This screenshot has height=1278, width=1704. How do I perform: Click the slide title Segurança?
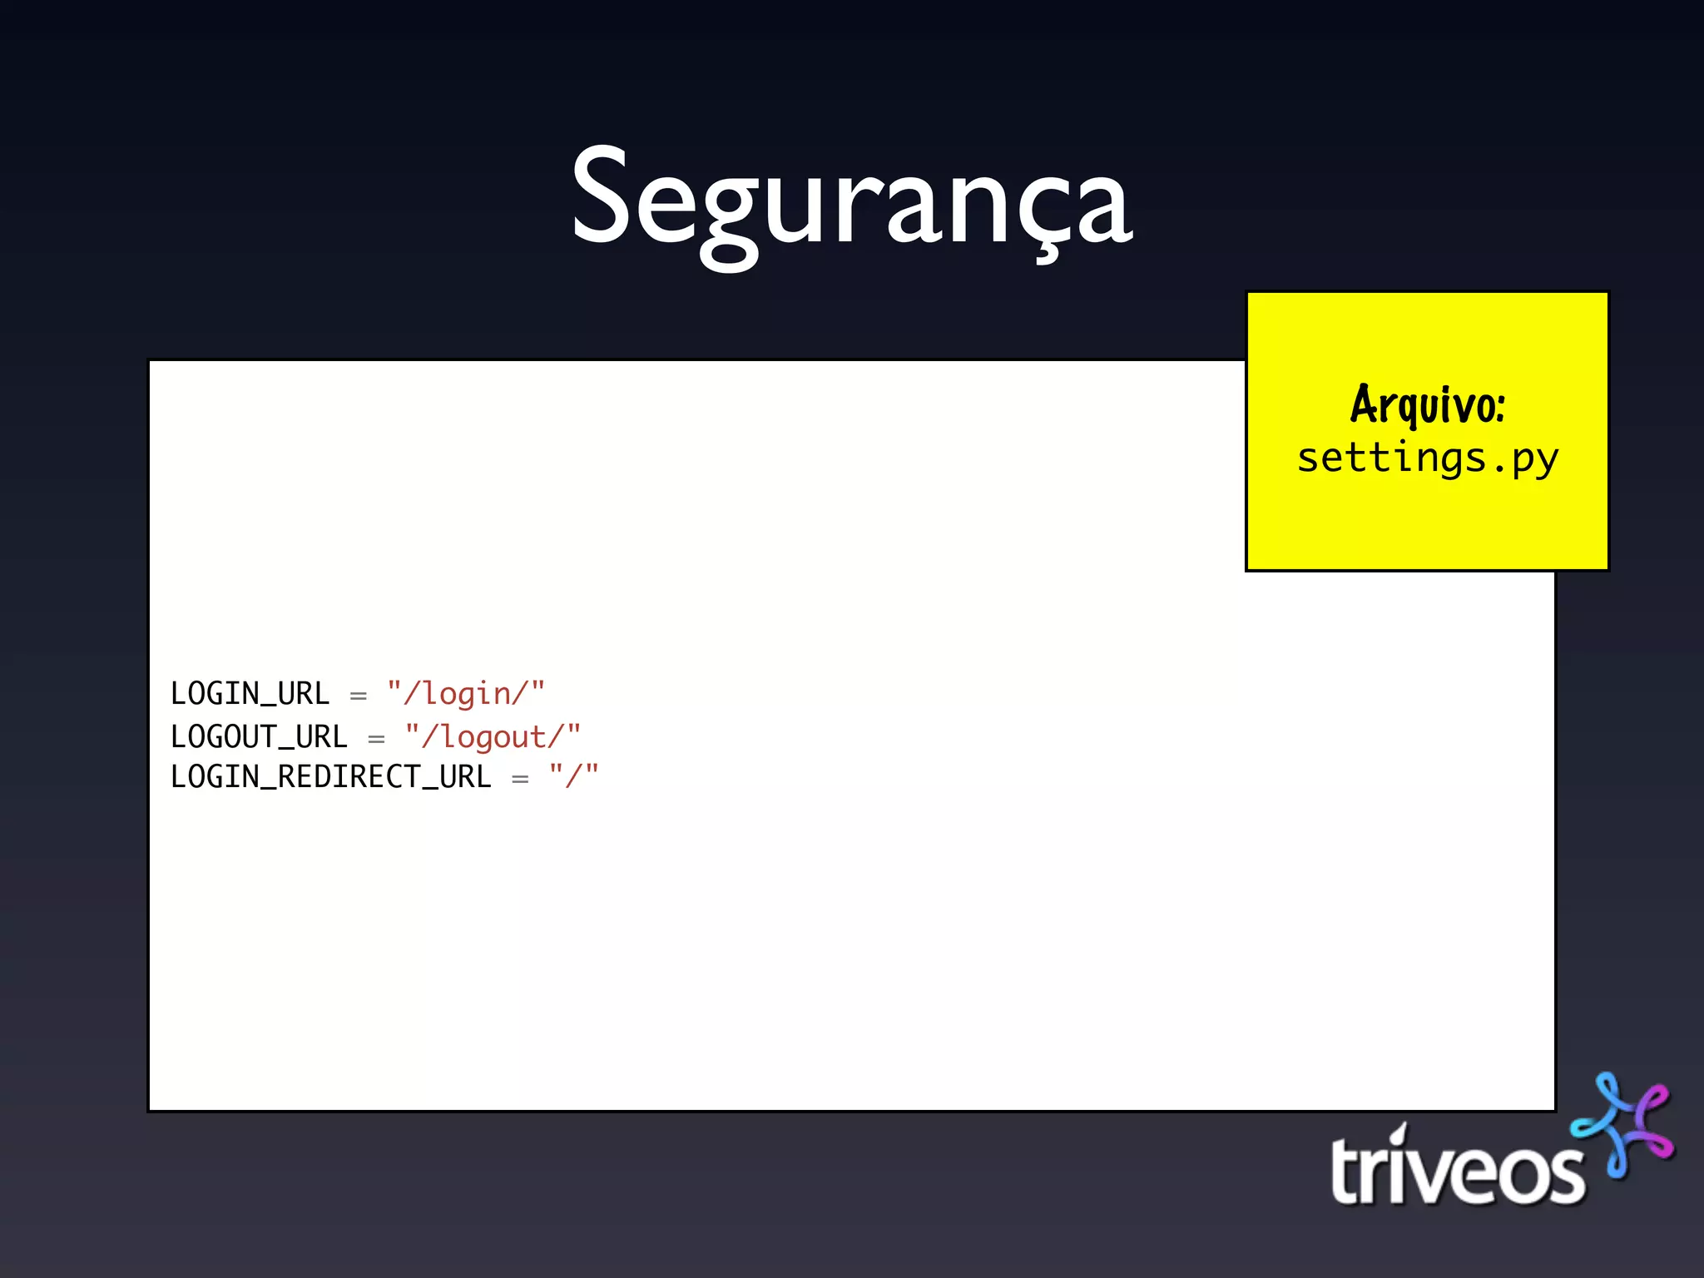[851, 200]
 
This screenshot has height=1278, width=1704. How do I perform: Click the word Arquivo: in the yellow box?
[1427, 405]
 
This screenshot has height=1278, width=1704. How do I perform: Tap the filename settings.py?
[1427, 458]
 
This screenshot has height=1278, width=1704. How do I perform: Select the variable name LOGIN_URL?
[250, 694]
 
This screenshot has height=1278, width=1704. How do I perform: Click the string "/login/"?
[466, 694]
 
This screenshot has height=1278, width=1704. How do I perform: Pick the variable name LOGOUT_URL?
[259, 737]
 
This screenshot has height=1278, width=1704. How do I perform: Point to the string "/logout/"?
[493, 737]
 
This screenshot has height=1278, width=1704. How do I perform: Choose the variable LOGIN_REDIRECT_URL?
[330, 777]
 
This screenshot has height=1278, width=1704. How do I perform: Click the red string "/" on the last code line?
[573, 777]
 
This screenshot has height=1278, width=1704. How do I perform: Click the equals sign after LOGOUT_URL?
[376, 739]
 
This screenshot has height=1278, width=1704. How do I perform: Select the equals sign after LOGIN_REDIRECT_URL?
[520, 780]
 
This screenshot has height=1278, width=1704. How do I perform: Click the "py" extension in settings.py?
[1535, 460]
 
